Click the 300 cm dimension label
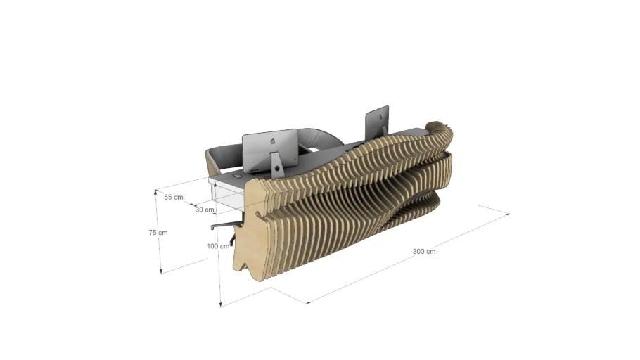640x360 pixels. [424, 251]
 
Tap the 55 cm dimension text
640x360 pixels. [174, 198]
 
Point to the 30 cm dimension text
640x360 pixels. [205, 210]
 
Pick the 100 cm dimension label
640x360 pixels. [218, 246]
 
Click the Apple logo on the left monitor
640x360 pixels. [271, 141]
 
